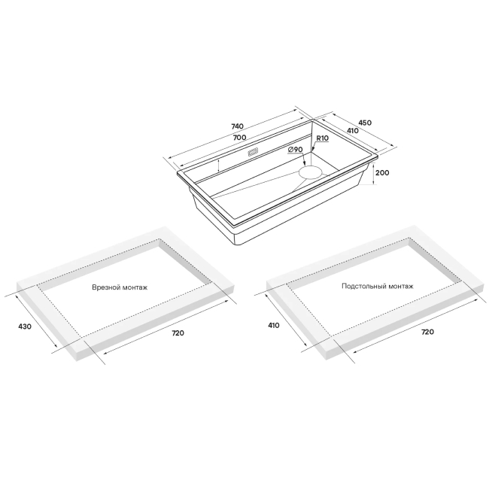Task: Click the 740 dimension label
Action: [237, 126]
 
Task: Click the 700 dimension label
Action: [239, 137]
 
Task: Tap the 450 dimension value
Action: [365, 123]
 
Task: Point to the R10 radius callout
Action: [323, 138]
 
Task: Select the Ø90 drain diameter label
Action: [296, 150]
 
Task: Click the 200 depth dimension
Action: [382, 173]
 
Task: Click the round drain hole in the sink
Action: [310, 172]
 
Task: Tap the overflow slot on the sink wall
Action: [253, 152]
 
